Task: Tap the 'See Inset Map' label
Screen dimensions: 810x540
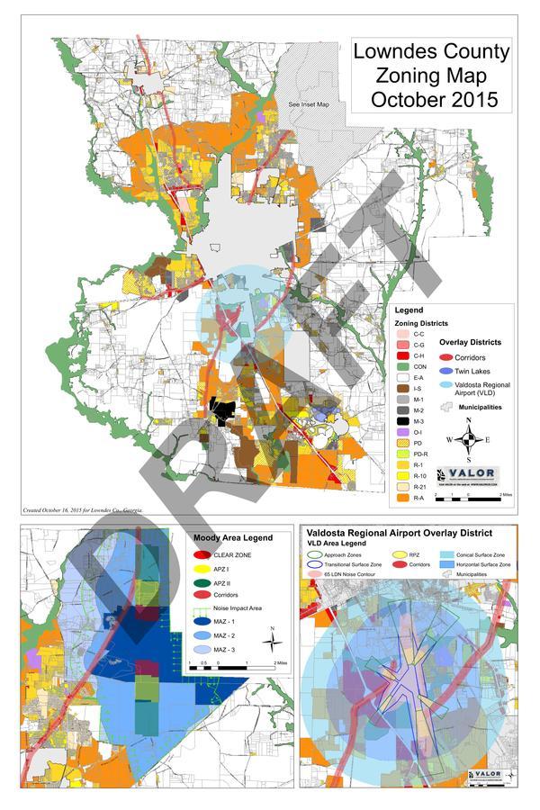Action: tap(309, 105)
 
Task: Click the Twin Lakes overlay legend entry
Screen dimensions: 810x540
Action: tap(472, 371)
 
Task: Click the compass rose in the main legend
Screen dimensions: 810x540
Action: tap(469, 439)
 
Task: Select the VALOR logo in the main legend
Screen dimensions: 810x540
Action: tap(468, 474)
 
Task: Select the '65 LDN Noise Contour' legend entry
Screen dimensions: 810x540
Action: tap(342, 574)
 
